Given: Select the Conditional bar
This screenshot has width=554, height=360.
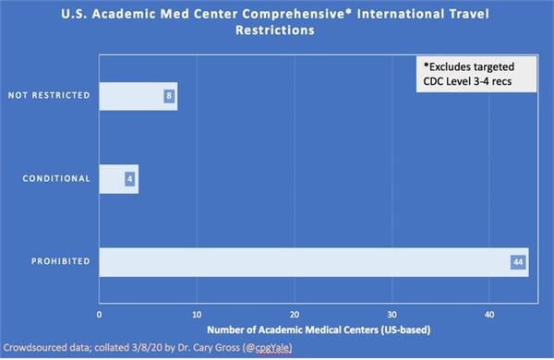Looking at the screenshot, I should [118, 179].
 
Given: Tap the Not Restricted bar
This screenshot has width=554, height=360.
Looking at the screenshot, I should [138, 96].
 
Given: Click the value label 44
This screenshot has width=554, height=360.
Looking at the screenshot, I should [518, 262].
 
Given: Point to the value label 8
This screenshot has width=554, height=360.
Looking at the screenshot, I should [169, 96].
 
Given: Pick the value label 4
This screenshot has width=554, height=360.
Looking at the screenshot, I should [130, 179].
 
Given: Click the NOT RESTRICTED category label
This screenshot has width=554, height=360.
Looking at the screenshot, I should [48, 96].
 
